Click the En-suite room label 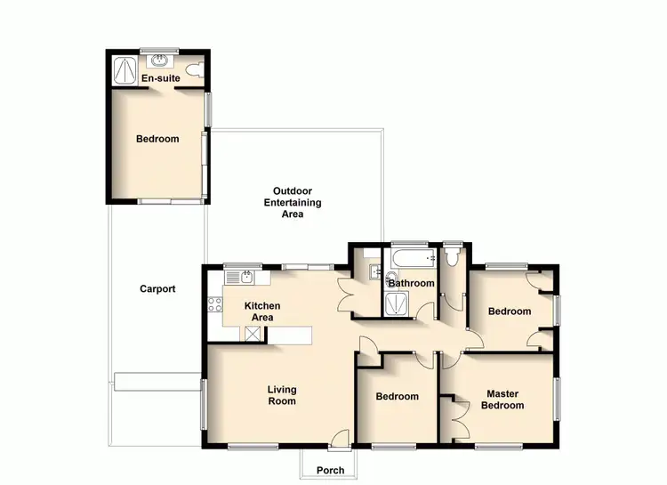[161, 78]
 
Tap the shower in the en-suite [125, 70]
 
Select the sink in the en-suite [161, 61]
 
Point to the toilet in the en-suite [197, 69]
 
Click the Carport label [157, 288]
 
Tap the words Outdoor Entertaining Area [292, 202]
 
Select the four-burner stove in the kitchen [214, 305]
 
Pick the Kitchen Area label [262, 311]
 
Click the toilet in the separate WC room [453, 256]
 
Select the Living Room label [283, 395]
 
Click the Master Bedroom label [502, 400]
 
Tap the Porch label [330, 471]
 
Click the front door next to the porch [338, 438]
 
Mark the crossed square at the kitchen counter [254, 334]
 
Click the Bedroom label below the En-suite [157, 139]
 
